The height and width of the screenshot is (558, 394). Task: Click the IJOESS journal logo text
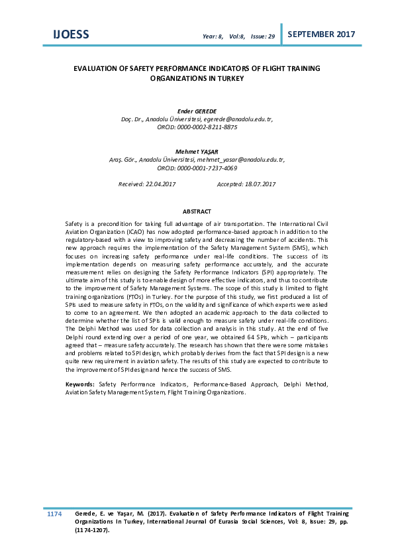(x=71, y=34)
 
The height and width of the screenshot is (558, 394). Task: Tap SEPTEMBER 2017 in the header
(x=322, y=34)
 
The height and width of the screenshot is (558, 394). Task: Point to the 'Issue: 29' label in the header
(x=263, y=36)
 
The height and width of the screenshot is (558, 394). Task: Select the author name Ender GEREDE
(x=198, y=111)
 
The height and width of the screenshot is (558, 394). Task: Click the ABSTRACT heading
(x=197, y=211)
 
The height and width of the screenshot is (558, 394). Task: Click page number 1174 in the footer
(x=54, y=514)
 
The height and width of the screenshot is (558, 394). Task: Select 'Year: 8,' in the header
(x=213, y=36)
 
